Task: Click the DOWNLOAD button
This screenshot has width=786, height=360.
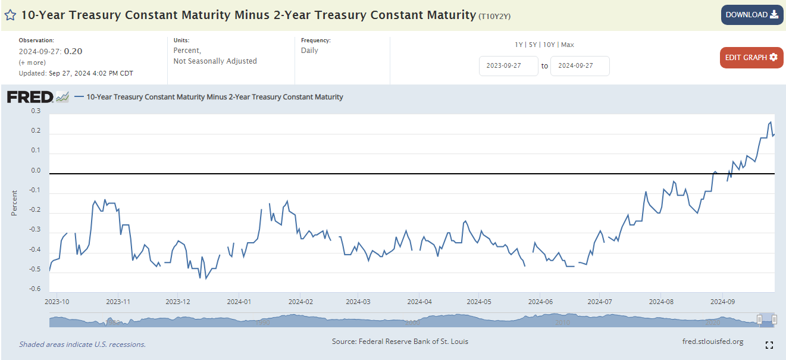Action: point(752,15)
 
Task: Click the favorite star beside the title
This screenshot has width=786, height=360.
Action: point(10,15)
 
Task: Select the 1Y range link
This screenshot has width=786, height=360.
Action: point(519,45)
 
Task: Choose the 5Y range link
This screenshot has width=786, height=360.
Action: point(533,45)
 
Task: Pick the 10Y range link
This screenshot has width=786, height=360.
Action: point(549,45)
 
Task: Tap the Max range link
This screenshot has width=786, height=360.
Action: point(567,45)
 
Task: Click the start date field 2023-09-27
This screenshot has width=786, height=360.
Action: point(508,66)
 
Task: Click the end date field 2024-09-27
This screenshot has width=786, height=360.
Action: point(580,66)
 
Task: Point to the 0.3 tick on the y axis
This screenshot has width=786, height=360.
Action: point(36,111)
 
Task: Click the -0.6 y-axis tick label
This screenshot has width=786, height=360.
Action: point(35,289)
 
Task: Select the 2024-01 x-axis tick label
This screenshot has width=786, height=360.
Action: point(238,302)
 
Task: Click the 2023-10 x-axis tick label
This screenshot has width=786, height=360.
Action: point(57,302)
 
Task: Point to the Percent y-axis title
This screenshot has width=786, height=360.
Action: point(14,202)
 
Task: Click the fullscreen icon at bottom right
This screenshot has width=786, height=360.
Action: point(769,345)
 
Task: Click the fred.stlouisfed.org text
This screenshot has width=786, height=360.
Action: point(713,342)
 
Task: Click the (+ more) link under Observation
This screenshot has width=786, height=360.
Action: point(32,62)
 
